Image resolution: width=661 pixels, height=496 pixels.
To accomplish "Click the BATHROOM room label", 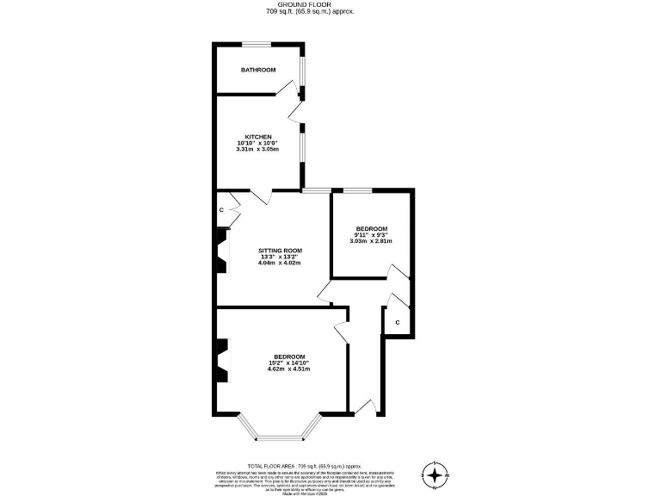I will [x=258, y=70].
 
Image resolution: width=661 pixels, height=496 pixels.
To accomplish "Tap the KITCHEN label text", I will [x=258, y=137].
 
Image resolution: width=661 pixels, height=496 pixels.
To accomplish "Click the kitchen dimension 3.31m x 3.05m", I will [x=258, y=150].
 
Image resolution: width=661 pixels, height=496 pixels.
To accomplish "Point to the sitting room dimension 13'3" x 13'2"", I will [x=280, y=257].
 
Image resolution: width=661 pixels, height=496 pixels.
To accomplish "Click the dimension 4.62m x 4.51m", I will [x=289, y=369].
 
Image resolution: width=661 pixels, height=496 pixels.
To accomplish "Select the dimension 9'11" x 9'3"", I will [x=372, y=234].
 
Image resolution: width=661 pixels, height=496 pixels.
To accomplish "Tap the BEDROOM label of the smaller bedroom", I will [x=372, y=228].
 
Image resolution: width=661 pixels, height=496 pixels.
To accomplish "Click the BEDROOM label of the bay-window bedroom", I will [x=289, y=356].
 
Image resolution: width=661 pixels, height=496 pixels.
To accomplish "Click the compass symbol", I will [x=436, y=474].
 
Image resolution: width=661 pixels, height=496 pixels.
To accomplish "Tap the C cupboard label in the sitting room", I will [x=221, y=210].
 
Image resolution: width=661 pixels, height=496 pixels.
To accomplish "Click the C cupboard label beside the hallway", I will [x=397, y=322].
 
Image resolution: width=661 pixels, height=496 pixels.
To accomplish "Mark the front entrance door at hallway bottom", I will [x=365, y=407].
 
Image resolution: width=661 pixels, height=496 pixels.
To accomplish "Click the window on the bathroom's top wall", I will [x=256, y=44].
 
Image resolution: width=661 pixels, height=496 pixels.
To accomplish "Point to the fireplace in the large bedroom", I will [x=221, y=359].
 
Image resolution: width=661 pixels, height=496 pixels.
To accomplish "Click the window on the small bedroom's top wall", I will [x=357, y=189].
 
